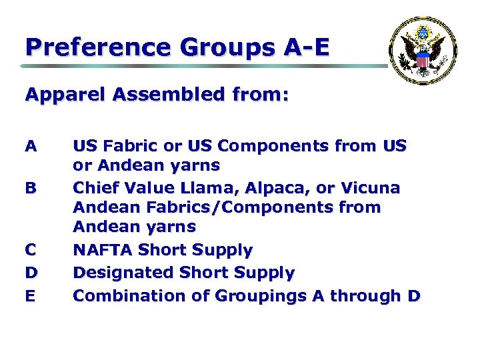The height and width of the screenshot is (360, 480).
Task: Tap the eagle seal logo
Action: click(423, 51)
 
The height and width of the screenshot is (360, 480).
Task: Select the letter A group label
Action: click(30, 145)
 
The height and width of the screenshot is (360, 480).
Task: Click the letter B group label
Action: click(30, 188)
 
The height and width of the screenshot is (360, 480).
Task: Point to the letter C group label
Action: click(30, 251)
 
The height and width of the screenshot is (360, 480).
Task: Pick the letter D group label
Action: click(30, 273)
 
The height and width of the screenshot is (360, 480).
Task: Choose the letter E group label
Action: click(30, 295)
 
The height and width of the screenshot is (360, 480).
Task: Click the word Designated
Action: click(125, 273)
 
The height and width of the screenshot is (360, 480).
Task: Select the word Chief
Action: click(94, 188)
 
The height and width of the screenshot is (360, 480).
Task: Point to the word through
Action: click(366, 296)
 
